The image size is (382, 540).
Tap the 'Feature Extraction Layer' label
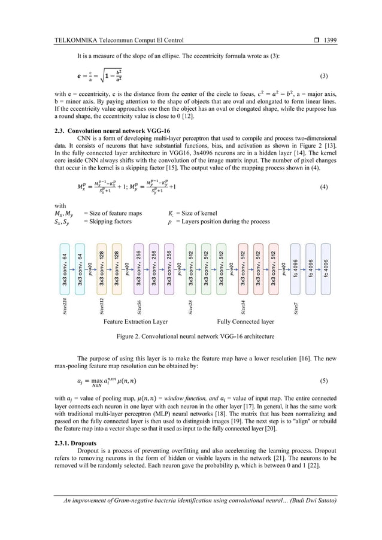[x=136, y=321]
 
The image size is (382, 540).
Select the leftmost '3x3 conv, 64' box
[x=65, y=269]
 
